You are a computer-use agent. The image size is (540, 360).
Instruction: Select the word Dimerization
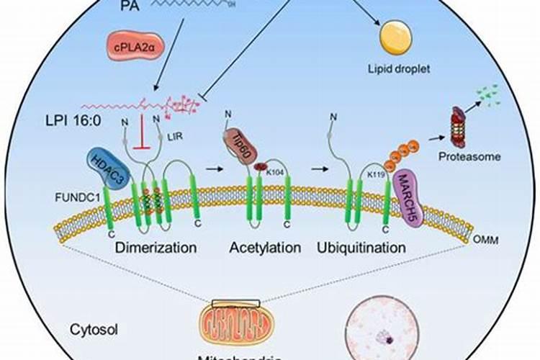(156, 248)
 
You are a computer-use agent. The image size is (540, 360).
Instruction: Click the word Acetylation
(265, 248)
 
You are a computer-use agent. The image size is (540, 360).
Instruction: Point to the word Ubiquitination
(361, 248)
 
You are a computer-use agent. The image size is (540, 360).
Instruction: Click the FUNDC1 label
(75, 194)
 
